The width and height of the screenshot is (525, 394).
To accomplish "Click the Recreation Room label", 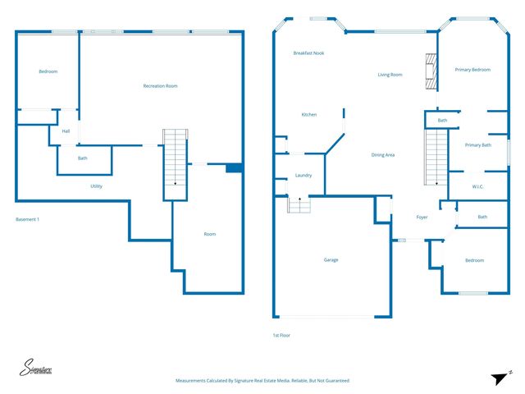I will tap(160, 86).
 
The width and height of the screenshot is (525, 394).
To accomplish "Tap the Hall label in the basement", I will tap(66, 131).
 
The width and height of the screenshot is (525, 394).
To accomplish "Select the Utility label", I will tap(97, 186).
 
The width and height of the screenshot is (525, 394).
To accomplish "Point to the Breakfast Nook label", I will tap(308, 53).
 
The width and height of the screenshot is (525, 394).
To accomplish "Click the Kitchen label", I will tap(308, 115).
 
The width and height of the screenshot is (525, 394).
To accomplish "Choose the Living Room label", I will tap(390, 75).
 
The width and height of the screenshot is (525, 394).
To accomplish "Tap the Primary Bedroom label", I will tap(472, 70).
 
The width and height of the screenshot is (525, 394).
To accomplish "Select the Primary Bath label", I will tap(477, 145).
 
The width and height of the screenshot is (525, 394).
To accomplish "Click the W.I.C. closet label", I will tap(477, 186).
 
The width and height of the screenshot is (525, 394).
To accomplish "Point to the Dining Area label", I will tap(383, 155).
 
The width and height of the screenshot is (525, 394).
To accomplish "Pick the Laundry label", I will tap(304, 176).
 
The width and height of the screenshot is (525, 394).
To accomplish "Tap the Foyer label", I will tap(422, 218).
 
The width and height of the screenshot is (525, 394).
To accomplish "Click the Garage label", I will tap(331, 260).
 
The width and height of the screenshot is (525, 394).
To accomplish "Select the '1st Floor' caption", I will tap(281, 336).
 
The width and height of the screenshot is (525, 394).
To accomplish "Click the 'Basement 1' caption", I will tap(27, 219).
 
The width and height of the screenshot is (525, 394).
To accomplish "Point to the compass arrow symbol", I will tap(500, 377).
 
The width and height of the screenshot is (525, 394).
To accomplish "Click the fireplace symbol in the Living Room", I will tap(428, 71).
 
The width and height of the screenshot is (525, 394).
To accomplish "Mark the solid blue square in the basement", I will tap(234, 168).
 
